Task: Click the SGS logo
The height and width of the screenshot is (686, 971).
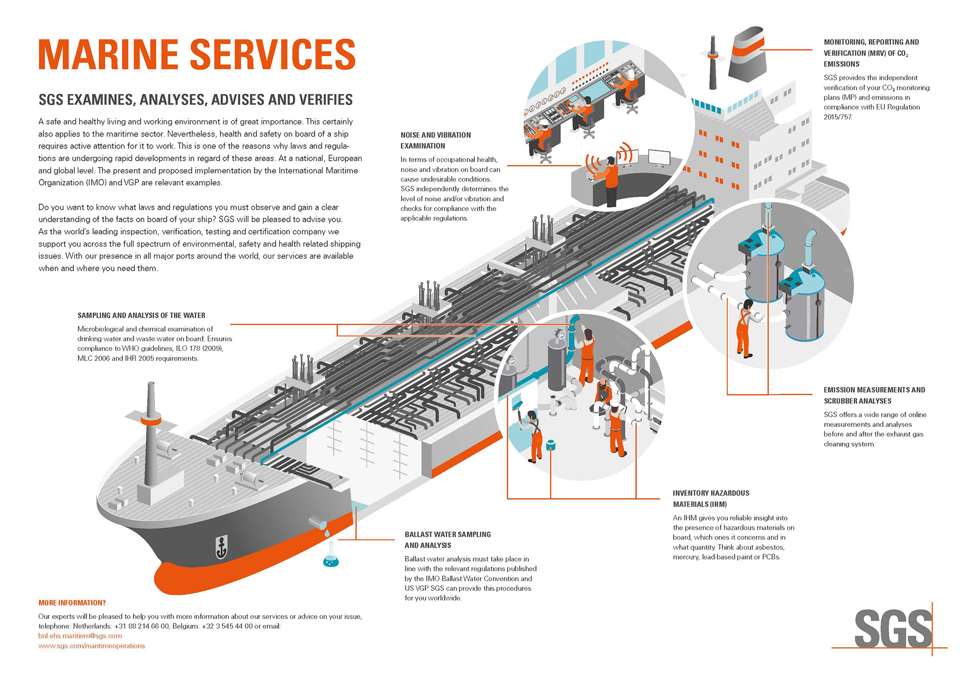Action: tap(893, 629)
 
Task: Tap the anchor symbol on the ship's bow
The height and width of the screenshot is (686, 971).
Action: tap(221, 548)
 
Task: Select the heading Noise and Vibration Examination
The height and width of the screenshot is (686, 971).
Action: tap(435, 140)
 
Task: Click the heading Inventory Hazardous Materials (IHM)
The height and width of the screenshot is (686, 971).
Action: tap(711, 499)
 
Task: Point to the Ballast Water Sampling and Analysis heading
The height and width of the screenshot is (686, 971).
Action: tap(448, 540)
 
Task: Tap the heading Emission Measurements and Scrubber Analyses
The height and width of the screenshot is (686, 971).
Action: tap(874, 396)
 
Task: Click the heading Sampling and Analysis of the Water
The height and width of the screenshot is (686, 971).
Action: tap(141, 315)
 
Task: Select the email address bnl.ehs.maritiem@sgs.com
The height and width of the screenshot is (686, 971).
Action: tap(80, 636)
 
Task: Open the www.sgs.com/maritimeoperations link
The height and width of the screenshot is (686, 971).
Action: tap(92, 646)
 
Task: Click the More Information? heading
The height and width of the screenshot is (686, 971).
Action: tap(72, 603)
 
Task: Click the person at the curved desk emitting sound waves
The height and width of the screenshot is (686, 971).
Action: tap(611, 179)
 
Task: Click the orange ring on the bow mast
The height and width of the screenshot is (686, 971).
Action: tap(151, 420)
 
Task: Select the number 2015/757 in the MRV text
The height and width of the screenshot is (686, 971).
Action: tap(837, 117)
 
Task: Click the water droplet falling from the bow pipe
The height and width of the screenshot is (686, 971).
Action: tap(327, 533)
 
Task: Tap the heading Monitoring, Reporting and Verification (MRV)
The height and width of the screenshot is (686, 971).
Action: tap(871, 53)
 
